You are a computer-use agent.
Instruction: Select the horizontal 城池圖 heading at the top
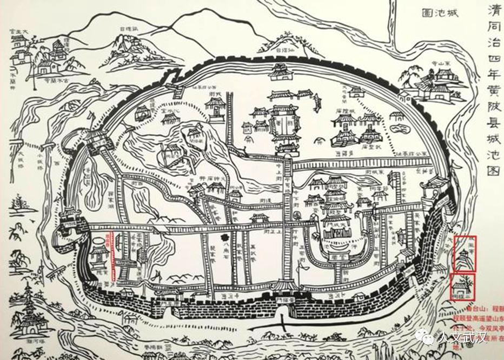[438, 14]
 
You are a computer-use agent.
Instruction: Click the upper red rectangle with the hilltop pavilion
[466, 253]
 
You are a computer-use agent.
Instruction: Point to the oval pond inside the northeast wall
[401, 129]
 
